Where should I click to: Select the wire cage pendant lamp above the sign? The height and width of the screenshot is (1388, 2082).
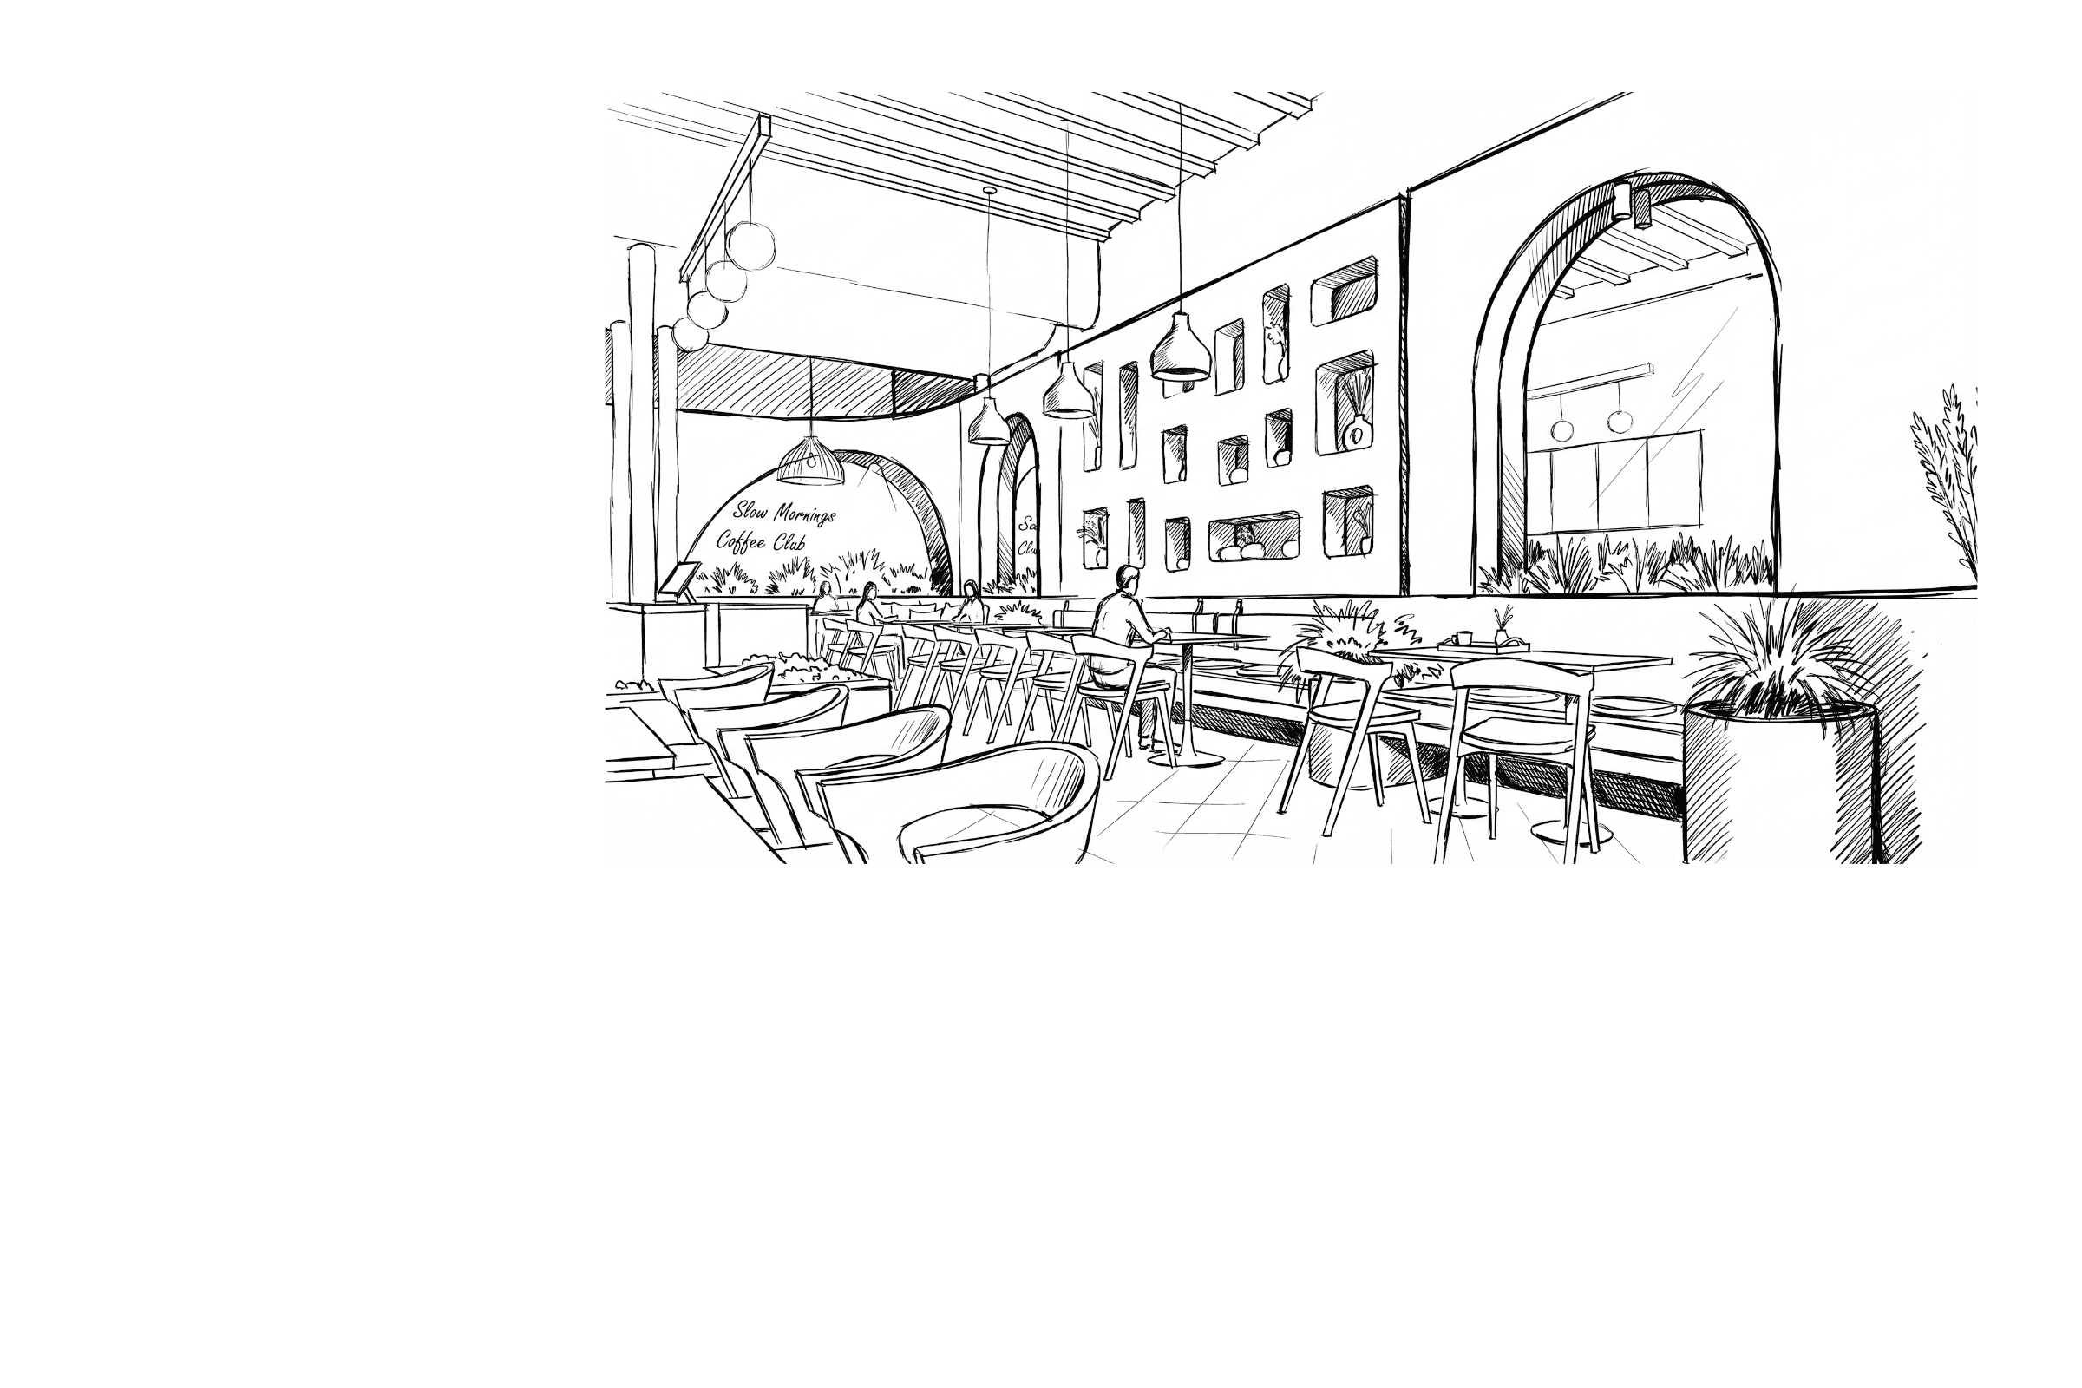pos(811,460)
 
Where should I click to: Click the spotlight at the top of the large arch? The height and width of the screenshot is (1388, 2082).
pos(1640,205)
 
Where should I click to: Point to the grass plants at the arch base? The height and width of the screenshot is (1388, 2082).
pos(1638,566)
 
